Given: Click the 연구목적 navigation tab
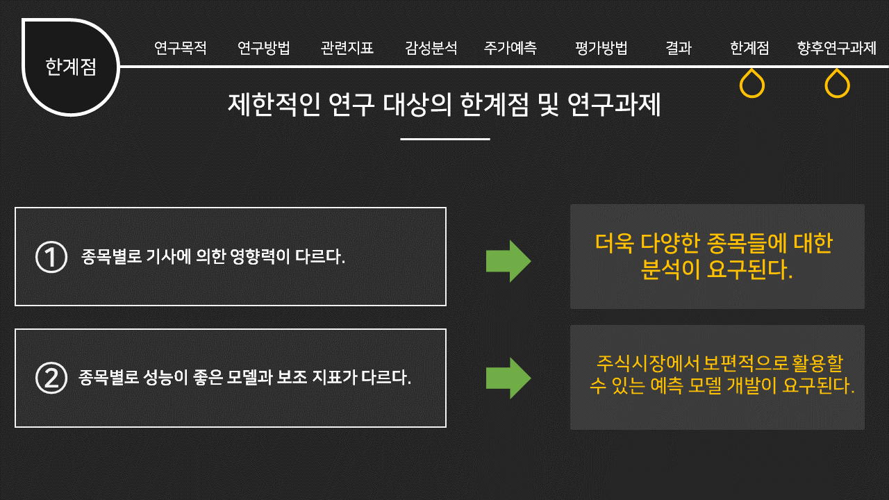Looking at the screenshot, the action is point(181,49).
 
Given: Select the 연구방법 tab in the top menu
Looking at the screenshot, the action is point(264,49).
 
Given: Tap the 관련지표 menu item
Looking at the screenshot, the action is point(347,49).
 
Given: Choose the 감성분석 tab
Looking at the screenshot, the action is point(431,49).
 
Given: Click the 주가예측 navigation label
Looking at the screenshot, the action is point(510,49).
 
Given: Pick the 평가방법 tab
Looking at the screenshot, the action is point(601,49).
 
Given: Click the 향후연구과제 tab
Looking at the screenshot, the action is point(837,49).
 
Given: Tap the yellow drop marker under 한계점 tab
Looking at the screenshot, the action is point(752,84).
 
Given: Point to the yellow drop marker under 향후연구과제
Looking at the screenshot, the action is point(838,84).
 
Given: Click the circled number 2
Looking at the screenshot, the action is point(51,378).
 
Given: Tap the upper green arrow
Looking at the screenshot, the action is point(508,261).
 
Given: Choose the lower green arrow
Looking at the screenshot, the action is point(508,378).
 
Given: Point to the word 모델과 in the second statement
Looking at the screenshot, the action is point(251,378).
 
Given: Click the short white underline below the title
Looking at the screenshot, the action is point(445,139).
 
